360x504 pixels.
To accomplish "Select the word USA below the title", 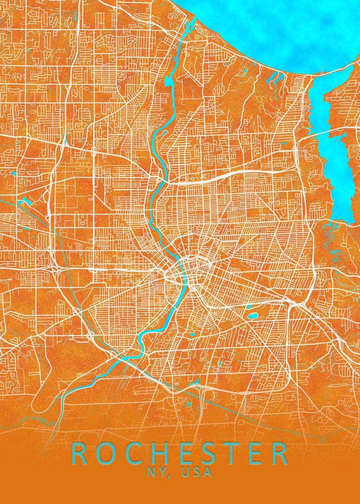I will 197,472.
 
